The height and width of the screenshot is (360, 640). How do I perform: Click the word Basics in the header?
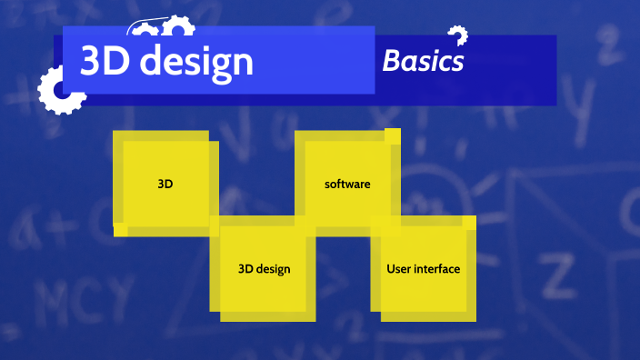(x=423, y=61)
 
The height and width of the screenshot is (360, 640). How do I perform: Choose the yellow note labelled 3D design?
(x=264, y=269)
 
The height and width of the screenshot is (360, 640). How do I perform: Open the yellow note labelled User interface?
(x=424, y=269)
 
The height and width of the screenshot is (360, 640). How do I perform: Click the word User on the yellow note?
(x=398, y=269)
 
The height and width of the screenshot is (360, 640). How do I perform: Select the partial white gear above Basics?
(x=457, y=34)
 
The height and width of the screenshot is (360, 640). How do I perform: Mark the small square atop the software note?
(x=393, y=135)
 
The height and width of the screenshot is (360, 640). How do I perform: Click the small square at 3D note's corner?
(x=120, y=229)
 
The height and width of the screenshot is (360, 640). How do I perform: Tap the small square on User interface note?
(x=469, y=222)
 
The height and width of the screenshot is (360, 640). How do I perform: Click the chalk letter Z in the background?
(x=554, y=272)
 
